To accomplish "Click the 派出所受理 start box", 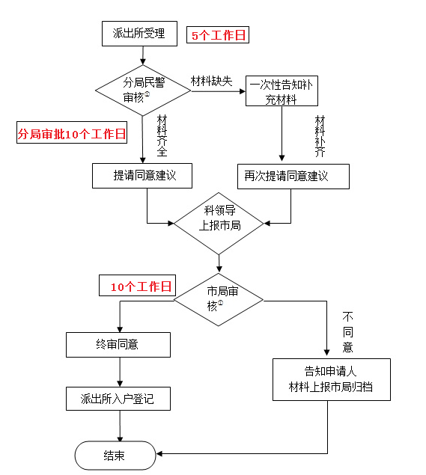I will click(139, 33).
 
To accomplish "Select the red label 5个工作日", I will click(217, 35).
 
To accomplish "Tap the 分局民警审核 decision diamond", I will click(142, 90).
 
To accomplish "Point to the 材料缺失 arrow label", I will click(211, 81).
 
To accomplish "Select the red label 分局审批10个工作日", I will click(71, 134).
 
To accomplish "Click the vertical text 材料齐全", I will click(162, 135).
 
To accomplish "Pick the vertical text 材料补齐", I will click(320, 135).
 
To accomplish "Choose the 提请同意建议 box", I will click(142, 176).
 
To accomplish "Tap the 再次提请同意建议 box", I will click(293, 177).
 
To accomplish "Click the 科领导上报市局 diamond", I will click(219, 222).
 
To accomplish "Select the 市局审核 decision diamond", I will click(219, 299).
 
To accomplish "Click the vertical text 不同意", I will click(347, 332).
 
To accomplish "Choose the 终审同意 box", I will click(118, 345).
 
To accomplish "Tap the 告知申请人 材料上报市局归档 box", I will click(331, 379).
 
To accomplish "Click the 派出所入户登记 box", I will click(118, 399).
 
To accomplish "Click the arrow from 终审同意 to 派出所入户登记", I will click(118, 372).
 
